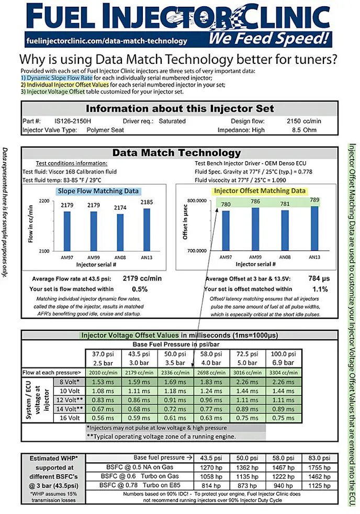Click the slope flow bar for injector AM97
pyautogui.click(x=67, y=229)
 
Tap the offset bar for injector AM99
pyautogui.click(x=255, y=229)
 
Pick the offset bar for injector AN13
pyautogui.click(x=314, y=228)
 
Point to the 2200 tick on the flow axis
pyautogui.click(x=45, y=201)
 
